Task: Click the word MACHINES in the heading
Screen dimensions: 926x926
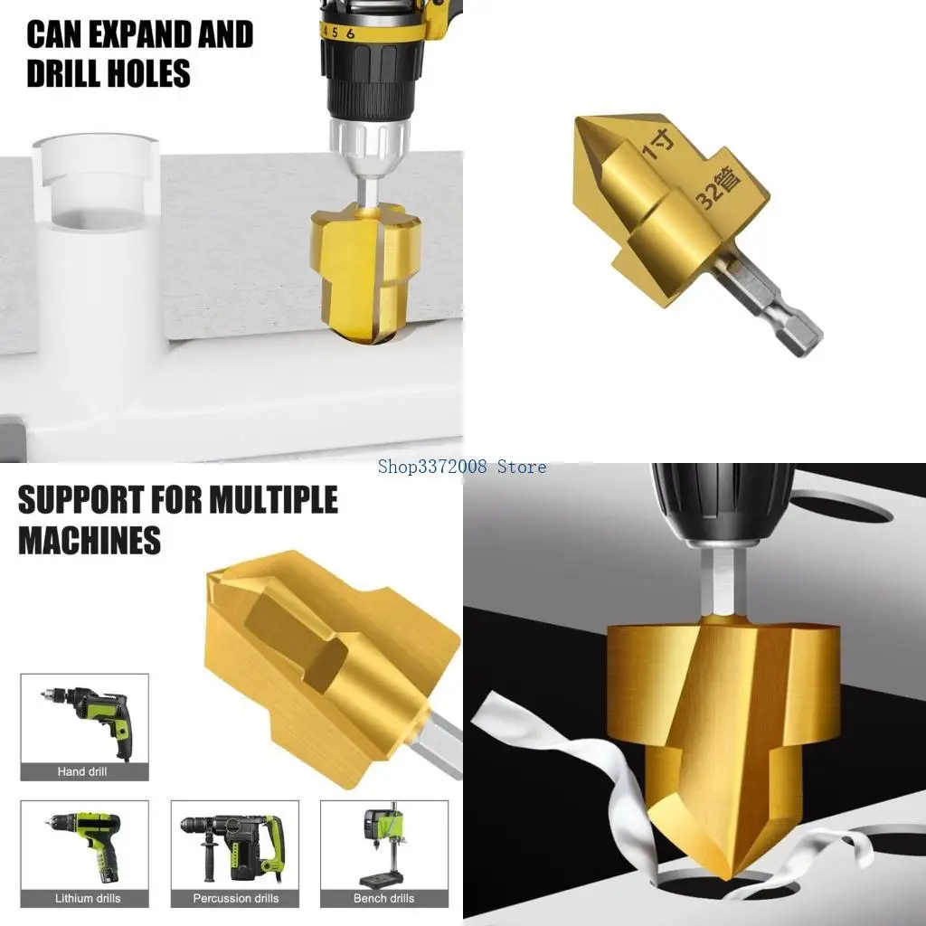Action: [x=90, y=540]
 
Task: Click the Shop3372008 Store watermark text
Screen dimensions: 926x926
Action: [x=463, y=467]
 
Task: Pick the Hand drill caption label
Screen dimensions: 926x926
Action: [x=83, y=771]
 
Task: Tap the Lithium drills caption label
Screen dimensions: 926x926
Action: [x=83, y=898]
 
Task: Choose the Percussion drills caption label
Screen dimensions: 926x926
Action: [x=235, y=898]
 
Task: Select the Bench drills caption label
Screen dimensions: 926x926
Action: [x=384, y=898]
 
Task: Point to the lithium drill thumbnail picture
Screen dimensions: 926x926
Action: [x=83, y=846]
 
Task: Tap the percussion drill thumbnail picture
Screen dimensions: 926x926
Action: [x=235, y=846]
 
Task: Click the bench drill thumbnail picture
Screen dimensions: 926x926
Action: [x=384, y=846]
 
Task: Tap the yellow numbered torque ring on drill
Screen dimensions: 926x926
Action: [x=371, y=33]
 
